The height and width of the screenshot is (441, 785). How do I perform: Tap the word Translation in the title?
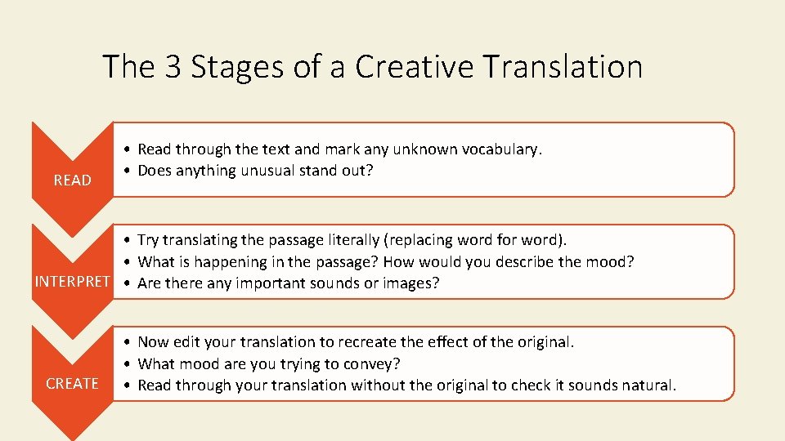(x=563, y=67)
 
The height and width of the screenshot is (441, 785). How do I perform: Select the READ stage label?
(x=73, y=180)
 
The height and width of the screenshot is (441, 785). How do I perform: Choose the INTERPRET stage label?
(x=72, y=283)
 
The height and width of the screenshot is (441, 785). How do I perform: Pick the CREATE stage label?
(x=73, y=384)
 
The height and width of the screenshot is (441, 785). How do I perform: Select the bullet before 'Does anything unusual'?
(x=128, y=171)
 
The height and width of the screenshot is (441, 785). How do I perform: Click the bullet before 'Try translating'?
(x=128, y=241)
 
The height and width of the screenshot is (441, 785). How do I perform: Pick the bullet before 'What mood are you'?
(x=128, y=364)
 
